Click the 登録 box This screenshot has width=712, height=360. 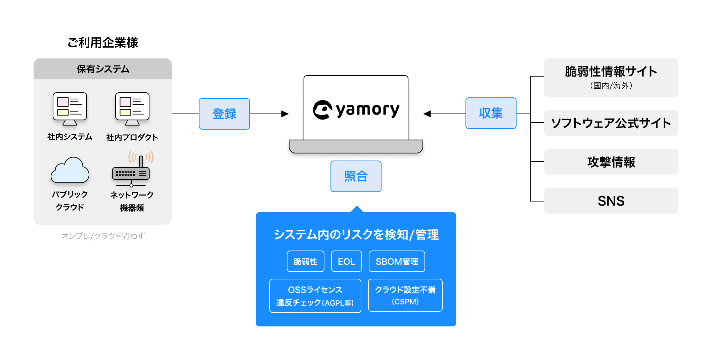224,114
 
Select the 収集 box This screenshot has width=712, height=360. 491,113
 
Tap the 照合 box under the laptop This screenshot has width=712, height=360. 356,176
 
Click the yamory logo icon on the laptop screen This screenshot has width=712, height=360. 322,110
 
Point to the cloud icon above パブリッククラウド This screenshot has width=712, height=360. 70,171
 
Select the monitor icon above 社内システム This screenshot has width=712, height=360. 70,108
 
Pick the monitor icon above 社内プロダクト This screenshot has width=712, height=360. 132,108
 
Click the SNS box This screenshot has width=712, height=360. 611,201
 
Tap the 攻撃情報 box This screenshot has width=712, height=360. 611,162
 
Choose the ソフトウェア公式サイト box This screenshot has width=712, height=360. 611,123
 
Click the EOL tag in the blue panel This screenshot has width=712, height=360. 346,261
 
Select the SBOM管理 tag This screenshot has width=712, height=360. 397,261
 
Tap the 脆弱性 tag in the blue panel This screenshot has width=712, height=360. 305,261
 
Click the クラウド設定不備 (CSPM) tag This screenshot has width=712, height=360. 405,295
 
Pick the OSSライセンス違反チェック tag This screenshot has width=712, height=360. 315,296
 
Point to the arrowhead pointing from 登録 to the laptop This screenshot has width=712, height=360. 285,114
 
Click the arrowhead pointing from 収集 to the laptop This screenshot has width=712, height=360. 427,114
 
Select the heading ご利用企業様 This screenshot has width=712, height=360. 103,43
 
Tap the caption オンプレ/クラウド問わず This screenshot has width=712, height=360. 103,236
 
